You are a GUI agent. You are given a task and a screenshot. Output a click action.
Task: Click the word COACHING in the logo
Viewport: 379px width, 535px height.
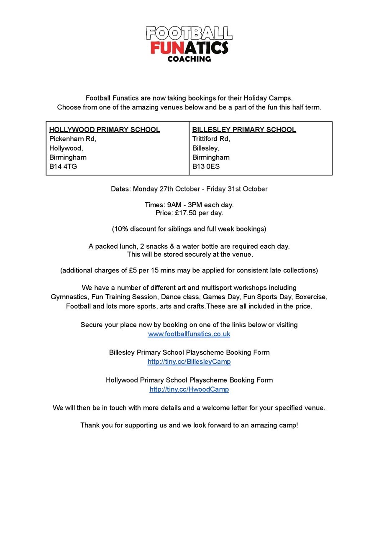coord(189,59)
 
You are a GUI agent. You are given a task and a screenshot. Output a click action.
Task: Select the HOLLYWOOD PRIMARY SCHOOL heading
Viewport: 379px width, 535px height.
coord(105,130)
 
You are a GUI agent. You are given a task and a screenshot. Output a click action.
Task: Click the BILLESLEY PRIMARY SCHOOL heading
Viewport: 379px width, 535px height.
coord(244,130)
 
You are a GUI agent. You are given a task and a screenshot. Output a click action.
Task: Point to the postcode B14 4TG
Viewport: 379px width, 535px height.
coord(63,166)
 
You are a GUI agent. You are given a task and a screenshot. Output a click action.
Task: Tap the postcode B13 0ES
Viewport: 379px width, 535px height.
coord(206,166)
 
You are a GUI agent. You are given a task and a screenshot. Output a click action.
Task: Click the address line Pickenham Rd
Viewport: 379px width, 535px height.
coord(73,139)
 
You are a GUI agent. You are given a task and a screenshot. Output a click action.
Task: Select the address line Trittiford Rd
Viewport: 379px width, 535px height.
coord(211,139)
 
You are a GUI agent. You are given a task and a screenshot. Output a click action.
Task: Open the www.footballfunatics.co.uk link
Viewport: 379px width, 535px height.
coord(189,334)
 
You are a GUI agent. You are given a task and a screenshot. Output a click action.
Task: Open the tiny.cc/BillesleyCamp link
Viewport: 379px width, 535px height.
coord(189,362)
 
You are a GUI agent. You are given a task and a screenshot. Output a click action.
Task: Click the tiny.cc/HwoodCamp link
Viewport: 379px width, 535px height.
coord(189,389)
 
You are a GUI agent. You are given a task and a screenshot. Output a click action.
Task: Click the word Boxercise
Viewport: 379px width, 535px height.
coord(311,297)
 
